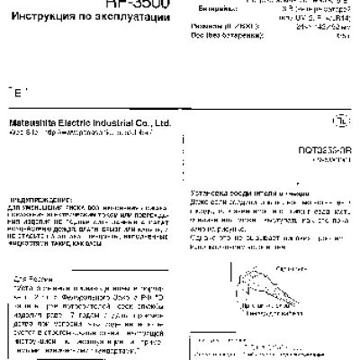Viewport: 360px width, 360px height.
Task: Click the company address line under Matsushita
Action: [72, 132]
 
